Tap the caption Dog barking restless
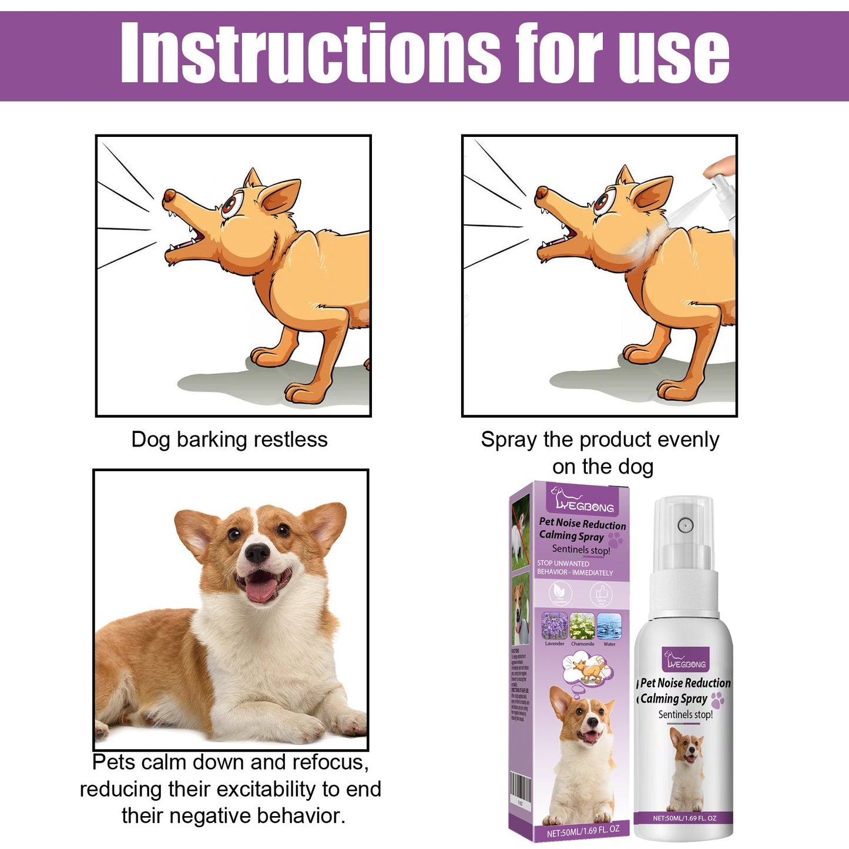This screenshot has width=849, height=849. pos(229,439)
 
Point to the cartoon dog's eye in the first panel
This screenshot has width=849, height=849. pos(230,206)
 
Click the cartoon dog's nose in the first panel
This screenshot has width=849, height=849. pos(169,194)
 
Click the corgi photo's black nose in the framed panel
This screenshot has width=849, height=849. pos(257,552)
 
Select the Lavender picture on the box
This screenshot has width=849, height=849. pos(554,627)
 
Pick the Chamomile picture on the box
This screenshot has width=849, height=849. pos(582,627)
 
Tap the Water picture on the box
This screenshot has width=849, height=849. pos(609,627)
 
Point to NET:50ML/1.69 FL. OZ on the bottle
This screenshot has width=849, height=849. pos(684,818)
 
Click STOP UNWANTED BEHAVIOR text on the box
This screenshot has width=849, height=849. pos(574,568)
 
